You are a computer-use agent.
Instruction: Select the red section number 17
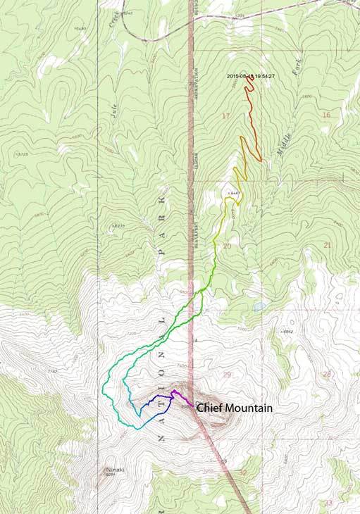[225, 115]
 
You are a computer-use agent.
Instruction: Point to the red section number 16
[325, 114]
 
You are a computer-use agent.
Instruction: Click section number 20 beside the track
[227, 246]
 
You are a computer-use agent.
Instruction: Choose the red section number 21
[327, 244]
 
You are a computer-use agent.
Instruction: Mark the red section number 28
[326, 374]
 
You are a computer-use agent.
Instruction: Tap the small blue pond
[259, 307]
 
